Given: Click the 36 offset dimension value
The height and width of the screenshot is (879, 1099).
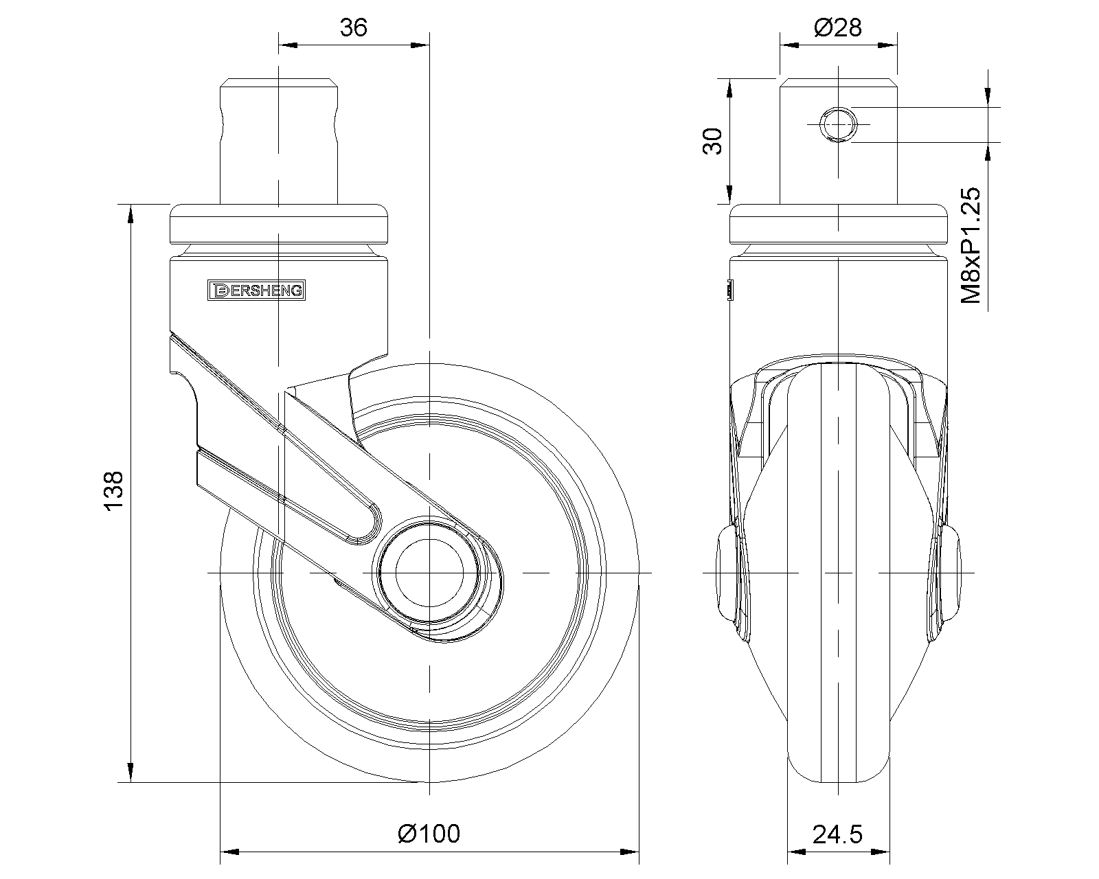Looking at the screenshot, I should [353, 27].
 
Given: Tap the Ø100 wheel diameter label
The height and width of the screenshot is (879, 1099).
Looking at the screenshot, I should [429, 833].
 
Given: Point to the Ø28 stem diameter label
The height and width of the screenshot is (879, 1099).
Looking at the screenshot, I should [837, 27].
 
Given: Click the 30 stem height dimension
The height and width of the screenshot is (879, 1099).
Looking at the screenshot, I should [714, 141].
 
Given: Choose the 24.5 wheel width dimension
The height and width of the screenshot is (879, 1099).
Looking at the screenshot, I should [837, 834].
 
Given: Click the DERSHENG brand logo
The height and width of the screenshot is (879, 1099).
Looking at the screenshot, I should [256, 290].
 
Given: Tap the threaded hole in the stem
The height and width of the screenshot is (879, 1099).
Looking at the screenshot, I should [838, 124].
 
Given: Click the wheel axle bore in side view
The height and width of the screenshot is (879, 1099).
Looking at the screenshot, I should [428, 571].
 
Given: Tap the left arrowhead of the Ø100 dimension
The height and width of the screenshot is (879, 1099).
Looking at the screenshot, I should [229, 853].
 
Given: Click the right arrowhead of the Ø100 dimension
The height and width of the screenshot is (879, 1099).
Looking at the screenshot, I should [630, 853].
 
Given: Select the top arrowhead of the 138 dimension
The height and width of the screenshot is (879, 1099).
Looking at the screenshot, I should [130, 214].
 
